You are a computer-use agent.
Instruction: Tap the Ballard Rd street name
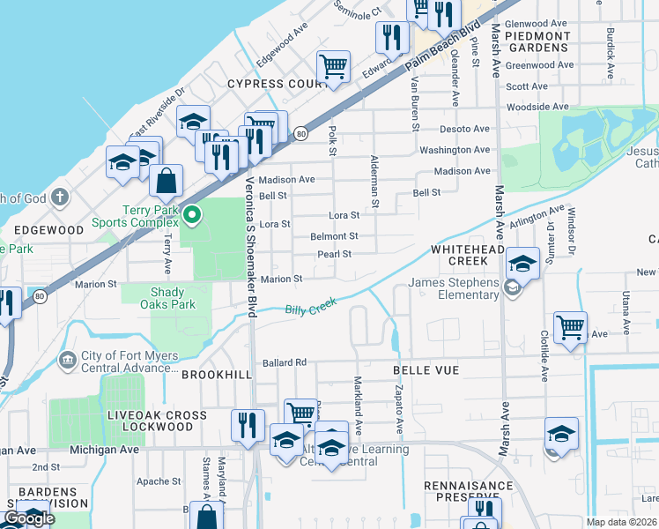click(x=284, y=362)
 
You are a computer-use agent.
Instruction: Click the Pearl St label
click(x=335, y=254)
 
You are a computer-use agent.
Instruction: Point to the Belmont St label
click(x=334, y=236)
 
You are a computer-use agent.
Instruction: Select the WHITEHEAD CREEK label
click(x=471, y=256)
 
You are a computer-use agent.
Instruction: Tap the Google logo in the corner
click(x=29, y=518)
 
